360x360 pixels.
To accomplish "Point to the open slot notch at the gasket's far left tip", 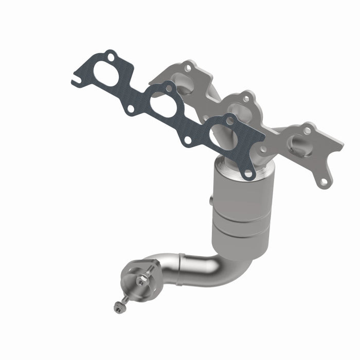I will click(x=76, y=81).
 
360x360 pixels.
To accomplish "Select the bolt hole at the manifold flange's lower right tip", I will click(x=323, y=182).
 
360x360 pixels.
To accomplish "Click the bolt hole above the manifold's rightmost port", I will click(x=307, y=131).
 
